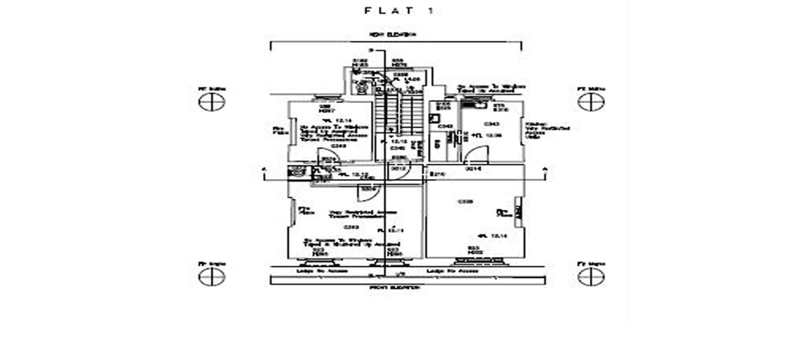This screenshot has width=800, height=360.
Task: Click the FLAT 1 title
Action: (x=400, y=12)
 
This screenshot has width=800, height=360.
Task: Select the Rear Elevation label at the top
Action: (x=395, y=34)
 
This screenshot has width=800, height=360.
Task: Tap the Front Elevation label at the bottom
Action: (x=395, y=288)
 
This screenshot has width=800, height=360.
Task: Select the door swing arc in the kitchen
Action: (x=477, y=155)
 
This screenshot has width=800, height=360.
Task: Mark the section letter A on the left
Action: (x=266, y=169)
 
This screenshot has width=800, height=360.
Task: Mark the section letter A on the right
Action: (x=545, y=169)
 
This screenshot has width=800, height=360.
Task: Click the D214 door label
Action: (x=474, y=169)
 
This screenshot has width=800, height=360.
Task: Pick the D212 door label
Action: (x=400, y=169)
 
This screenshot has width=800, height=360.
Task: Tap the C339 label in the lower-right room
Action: (x=465, y=202)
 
